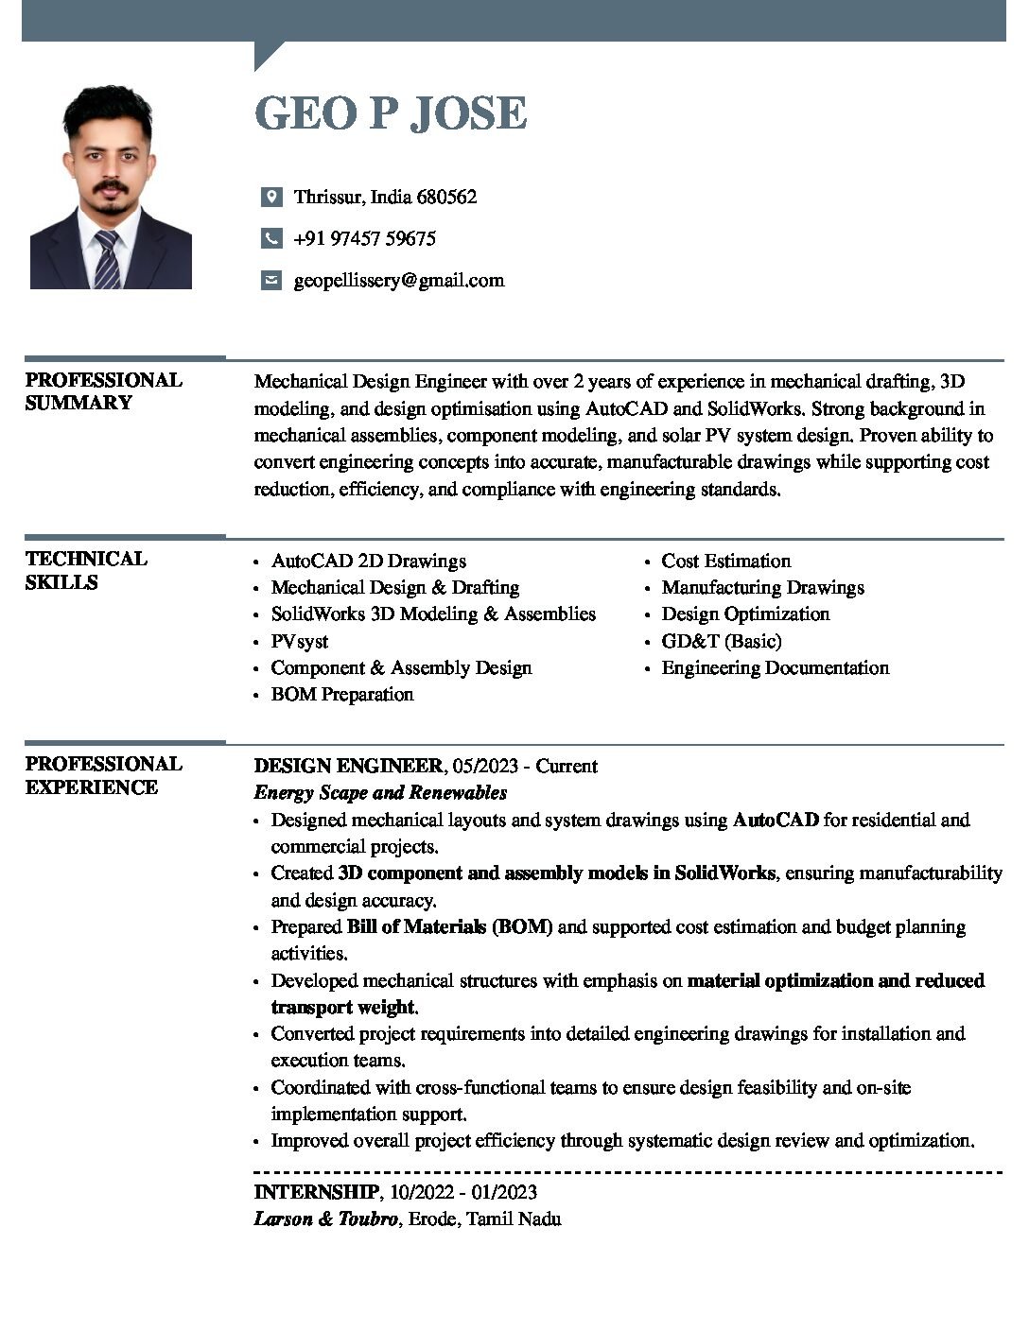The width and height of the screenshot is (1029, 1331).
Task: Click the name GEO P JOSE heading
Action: pyautogui.click(x=390, y=113)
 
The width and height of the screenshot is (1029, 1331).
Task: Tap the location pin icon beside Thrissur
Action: pyautogui.click(x=271, y=197)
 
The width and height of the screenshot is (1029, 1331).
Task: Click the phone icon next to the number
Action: pyautogui.click(x=271, y=238)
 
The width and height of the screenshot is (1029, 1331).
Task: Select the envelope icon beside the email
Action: pyautogui.click(x=271, y=280)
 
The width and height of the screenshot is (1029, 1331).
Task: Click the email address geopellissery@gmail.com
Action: pyautogui.click(x=398, y=280)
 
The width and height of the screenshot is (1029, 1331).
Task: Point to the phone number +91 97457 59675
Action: pyautogui.click(x=364, y=238)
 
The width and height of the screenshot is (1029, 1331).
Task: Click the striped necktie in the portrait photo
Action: pyautogui.click(x=107, y=259)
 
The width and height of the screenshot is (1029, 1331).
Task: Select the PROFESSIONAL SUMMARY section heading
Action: pyautogui.click(x=103, y=391)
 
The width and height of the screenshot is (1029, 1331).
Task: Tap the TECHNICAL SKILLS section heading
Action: pyautogui.click(x=86, y=570)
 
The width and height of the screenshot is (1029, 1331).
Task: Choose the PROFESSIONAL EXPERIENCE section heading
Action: pyautogui.click(x=103, y=775)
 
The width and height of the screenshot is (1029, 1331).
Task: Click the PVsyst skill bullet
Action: pyautogui.click(x=299, y=641)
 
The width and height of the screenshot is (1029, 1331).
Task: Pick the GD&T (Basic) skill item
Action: pyautogui.click(x=721, y=641)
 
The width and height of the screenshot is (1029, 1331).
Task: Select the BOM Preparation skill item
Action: pyautogui.click(x=341, y=694)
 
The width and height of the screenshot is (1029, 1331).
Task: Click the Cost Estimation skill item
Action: pyautogui.click(x=725, y=561)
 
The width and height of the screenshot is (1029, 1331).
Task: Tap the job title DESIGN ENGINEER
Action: pyautogui.click(x=348, y=766)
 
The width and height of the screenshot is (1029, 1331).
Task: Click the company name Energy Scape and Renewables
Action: pyautogui.click(x=380, y=792)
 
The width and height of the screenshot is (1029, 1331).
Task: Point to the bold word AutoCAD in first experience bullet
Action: pyautogui.click(x=776, y=820)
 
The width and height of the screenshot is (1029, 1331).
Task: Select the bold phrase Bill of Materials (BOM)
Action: pyautogui.click(x=449, y=926)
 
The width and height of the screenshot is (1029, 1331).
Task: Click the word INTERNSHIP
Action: pyautogui.click(x=316, y=1191)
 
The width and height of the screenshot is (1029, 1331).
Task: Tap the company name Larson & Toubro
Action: pyautogui.click(x=325, y=1219)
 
